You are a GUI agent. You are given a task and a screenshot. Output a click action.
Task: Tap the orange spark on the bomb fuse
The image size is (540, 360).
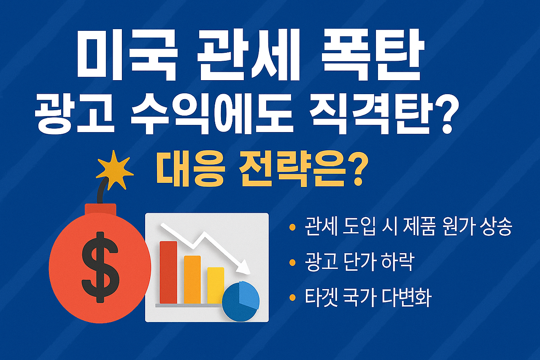tap(114, 169)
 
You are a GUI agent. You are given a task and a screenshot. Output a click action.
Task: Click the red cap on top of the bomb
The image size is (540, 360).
tap(100, 209)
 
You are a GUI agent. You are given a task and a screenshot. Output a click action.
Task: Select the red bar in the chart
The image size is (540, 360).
tap(168, 272)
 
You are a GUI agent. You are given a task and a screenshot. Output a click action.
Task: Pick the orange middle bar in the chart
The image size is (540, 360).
tap(192, 279)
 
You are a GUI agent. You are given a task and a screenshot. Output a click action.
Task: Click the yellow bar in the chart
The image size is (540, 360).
tap(216, 285)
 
